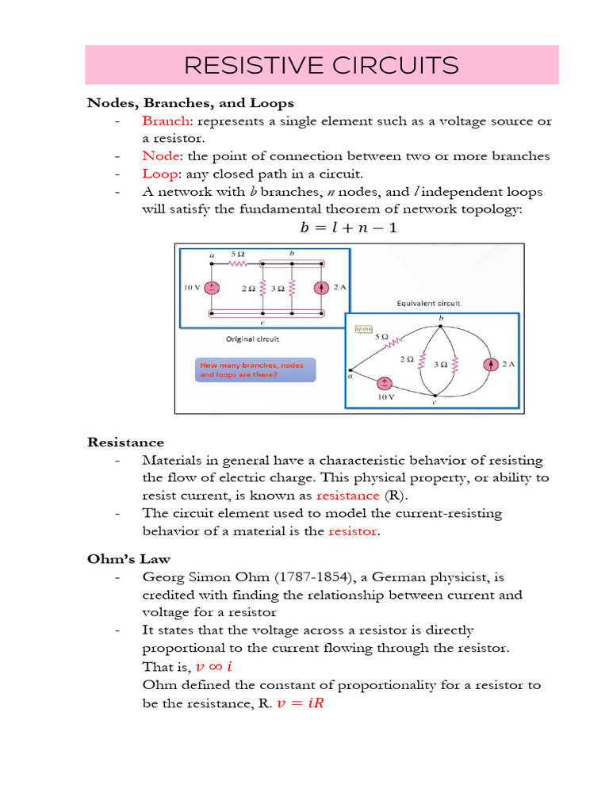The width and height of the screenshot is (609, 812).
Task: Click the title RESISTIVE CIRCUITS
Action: click(321, 65)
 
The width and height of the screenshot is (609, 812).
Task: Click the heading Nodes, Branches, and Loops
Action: click(190, 103)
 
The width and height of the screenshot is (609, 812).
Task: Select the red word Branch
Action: click(165, 121)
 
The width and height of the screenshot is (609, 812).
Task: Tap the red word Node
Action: click(161, 156)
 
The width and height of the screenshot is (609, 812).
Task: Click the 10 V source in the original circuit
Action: click(212, 288)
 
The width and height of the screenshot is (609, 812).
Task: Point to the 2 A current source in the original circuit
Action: click(321, 288)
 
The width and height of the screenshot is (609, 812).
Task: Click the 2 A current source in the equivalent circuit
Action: click(489, 364)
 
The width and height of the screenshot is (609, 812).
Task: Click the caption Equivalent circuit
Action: click(428, 303)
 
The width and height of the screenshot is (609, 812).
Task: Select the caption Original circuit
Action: click(252, 339)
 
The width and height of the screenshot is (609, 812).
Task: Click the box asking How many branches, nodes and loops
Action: click(255, 370)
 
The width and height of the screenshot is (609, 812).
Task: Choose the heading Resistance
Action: click(125, 442)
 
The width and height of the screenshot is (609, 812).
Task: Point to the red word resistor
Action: click(353, 531)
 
